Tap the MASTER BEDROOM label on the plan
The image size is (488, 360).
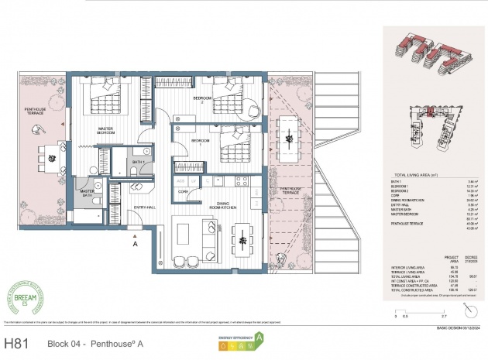click(x=105, y=131)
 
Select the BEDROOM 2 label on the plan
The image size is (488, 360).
click(x=202, y=100)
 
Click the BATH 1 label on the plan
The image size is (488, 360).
click(x=139, y=162)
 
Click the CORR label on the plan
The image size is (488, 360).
click(x=183, y=190)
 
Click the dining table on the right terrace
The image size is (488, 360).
click(x=287, y=139)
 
